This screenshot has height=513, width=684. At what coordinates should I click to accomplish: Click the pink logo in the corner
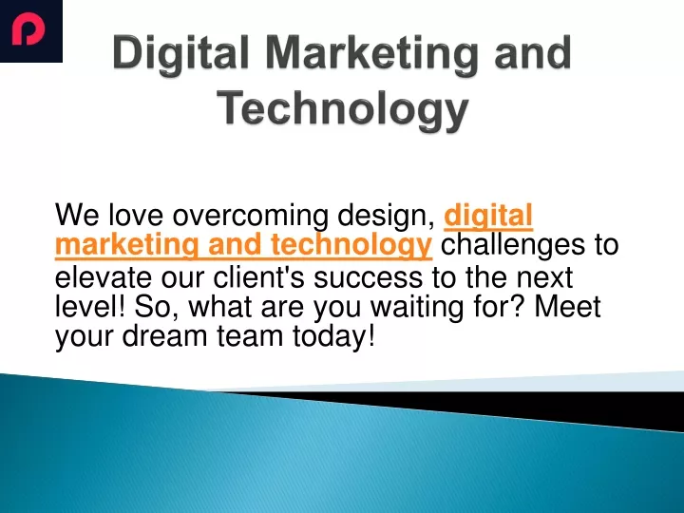pyautogui.click(x=28, y=29)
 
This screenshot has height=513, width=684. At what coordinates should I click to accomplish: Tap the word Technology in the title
pyautogui.click(x=343, y=109)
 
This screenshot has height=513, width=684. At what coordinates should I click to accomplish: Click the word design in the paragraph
pyautogui.click(x=386, y=216)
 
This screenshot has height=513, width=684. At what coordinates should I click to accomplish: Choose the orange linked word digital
pyautogui.click(x=488, y=216)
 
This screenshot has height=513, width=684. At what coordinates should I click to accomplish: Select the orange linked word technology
pyautogui.click(x=351, y=246)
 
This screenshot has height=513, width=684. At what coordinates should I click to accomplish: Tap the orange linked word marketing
pyautogui.click(x=127, y=246)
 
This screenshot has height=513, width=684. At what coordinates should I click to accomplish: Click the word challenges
pyautogui.click(x=513, y=245)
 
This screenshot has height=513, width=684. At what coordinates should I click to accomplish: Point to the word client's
pyautogui.click(x=258, y=277)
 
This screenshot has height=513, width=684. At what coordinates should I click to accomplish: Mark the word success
pyautogui.click(x=369, y=277)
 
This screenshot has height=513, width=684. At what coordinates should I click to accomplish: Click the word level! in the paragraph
pyautogui.click(x=90, y=306)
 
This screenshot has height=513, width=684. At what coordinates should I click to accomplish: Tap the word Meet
pyautogui.click(x=567, y=306)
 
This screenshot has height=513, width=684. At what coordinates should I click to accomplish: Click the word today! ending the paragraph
pyautogui.click(x=333, y=336)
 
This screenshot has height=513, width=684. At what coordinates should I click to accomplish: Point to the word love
pyautogui.click(x=135, y=216)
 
